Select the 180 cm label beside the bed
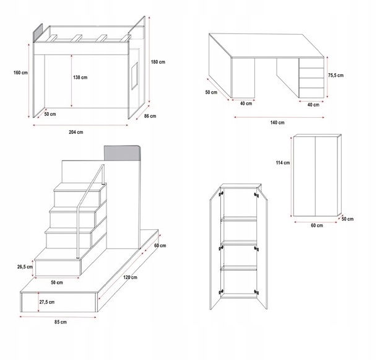click(x=160, y=61)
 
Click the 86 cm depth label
click(x=149, y=116)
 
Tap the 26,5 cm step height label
click(x=25, y=268)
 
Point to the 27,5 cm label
click(x=48, y=302)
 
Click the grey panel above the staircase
click(x=123, y=152)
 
